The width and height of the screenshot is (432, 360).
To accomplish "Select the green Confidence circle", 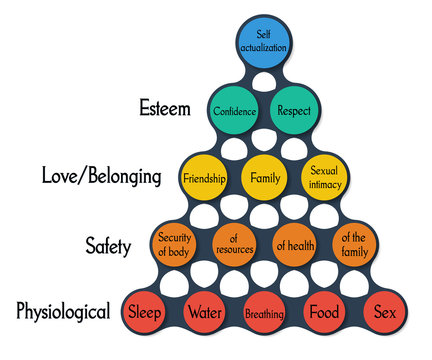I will click(234, 111).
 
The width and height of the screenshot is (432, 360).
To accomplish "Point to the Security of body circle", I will click(174, 245).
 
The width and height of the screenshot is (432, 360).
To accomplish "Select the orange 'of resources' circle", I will click(234, 245).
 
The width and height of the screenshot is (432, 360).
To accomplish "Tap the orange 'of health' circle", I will click(295, 245).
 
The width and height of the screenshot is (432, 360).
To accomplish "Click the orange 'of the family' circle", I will click(354, 245).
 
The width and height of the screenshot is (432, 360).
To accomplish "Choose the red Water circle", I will click(204, 312).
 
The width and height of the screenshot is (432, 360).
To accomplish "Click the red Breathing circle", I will click(264, 313).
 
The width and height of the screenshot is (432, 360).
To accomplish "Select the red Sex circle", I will click(384, 312).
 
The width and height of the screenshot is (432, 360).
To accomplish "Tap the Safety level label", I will click(107, 245).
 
